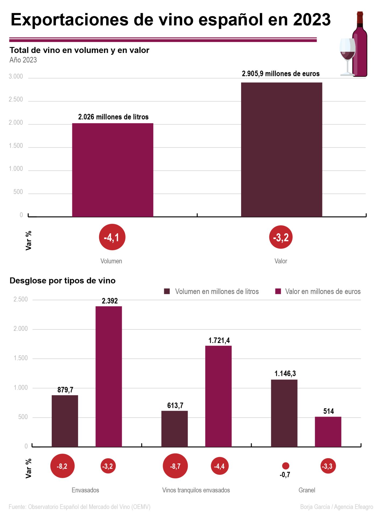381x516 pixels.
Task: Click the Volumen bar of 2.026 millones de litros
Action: [x=112, y=170]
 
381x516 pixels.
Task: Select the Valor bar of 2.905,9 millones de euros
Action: [x=281, y=149]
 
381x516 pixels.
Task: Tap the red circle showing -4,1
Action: [x=112, y=237]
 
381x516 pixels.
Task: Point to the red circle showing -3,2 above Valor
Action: [x=281, y=237]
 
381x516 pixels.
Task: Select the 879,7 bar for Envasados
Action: [x=65, y=421]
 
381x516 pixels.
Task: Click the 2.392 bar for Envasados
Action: [x=109, y=376]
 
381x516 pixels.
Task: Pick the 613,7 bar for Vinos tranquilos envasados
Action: [x=175, y=429]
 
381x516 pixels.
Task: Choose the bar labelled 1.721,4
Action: [x=218, y=396]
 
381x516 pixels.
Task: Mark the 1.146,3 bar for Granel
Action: [x=284, y=413]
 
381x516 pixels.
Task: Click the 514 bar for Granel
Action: [x=328, y=432]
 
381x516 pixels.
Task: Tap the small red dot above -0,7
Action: [x=285, y=466]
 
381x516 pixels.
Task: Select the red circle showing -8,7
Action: [x=175, y=466]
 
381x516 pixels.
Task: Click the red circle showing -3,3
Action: [x=328, y=466]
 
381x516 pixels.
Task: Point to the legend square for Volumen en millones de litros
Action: [x=167, y=291]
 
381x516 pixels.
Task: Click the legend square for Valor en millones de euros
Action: [x=278, y=291]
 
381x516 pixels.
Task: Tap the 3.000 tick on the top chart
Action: [x=16, y=76]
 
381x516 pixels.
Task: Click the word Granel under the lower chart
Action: [x=307, y=490]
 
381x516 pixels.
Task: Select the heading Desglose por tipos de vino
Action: [x=62, y=281]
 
